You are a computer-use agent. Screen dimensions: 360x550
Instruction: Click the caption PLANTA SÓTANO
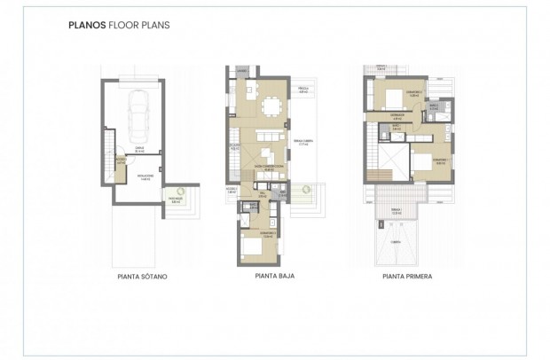pos(142,277)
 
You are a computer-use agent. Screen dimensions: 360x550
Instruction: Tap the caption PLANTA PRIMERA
pos(407,277)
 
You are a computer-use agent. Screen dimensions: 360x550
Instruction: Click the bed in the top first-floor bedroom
pos(391,99)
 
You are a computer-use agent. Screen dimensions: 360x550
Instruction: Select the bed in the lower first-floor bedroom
pos(420,162)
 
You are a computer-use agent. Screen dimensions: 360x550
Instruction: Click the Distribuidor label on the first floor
pos(397,115)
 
